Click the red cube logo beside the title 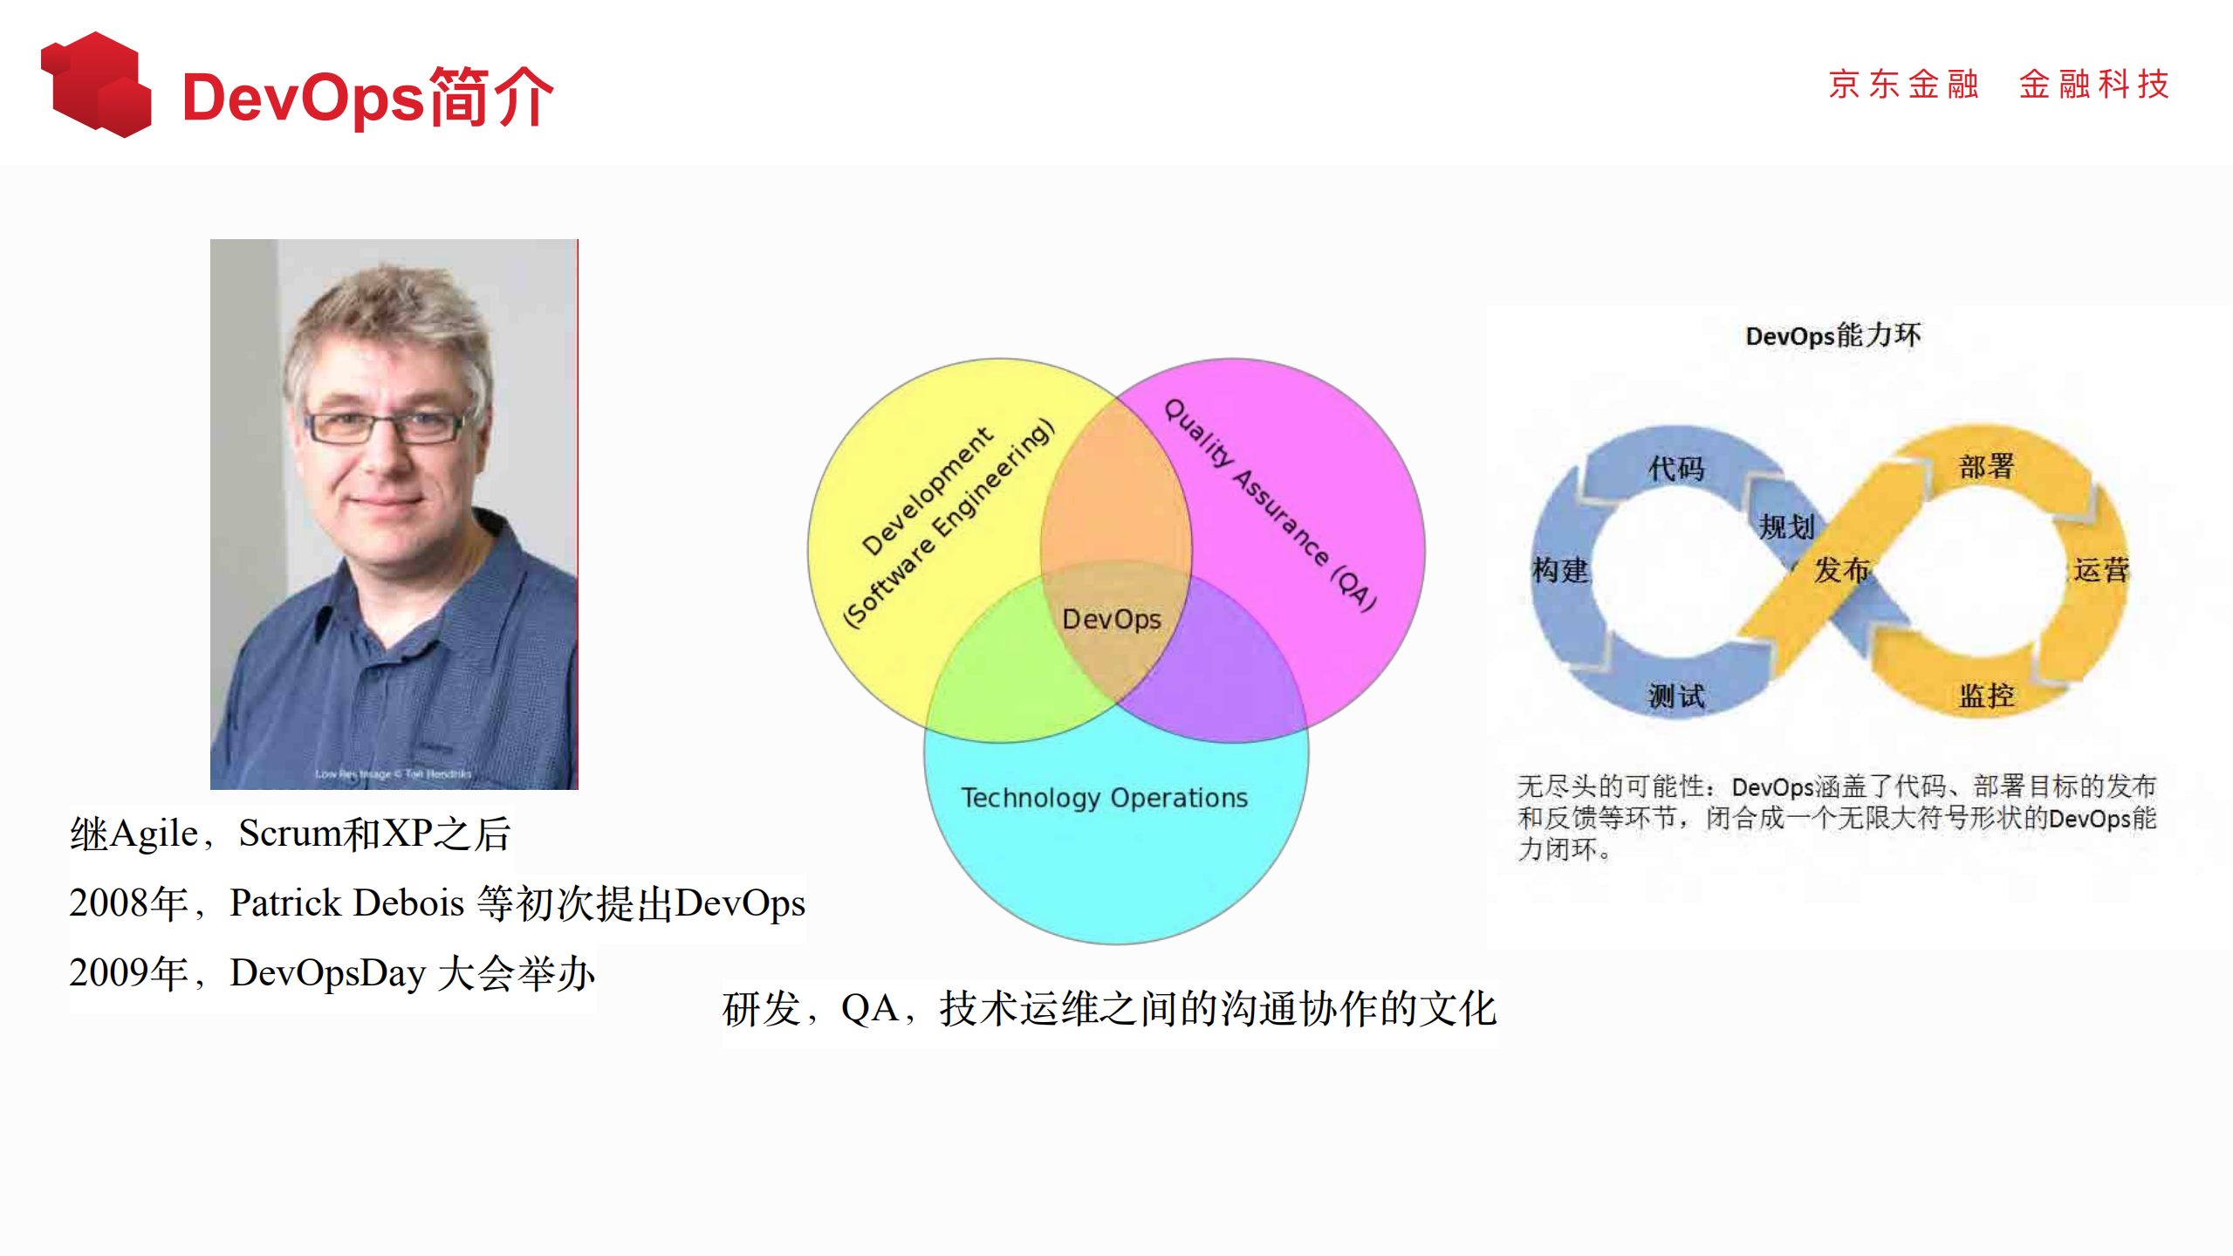(96, 85)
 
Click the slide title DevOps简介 (367, 97)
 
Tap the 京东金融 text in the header (1902, 85)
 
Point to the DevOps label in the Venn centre (1111, 619)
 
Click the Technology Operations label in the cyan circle (1104, 798)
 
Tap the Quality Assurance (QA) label (1271, 505)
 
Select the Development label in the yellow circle (927, 491)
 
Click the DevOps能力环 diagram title (1832, 335)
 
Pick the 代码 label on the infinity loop (1675, 468)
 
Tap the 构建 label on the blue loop (1560, 570)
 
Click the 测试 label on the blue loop (1675, 696)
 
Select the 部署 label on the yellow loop (1986, 466)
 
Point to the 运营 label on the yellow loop (2101, 570)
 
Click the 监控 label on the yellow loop (1986, 696)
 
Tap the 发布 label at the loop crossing (1841, 570)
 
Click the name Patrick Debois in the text (346, 903)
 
